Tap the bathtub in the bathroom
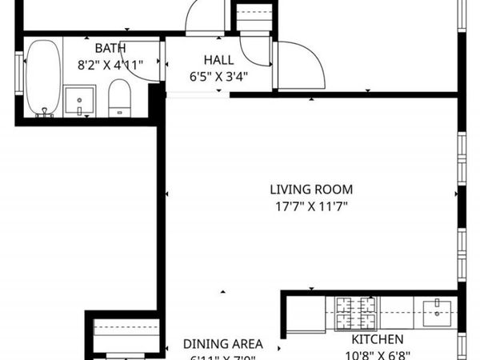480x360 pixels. click(x=39, y=78)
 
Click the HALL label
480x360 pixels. click(x=218, y=60)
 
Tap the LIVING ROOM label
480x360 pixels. click(x=310, y=190)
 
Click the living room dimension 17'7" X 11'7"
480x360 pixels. click(x=310, y=206)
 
